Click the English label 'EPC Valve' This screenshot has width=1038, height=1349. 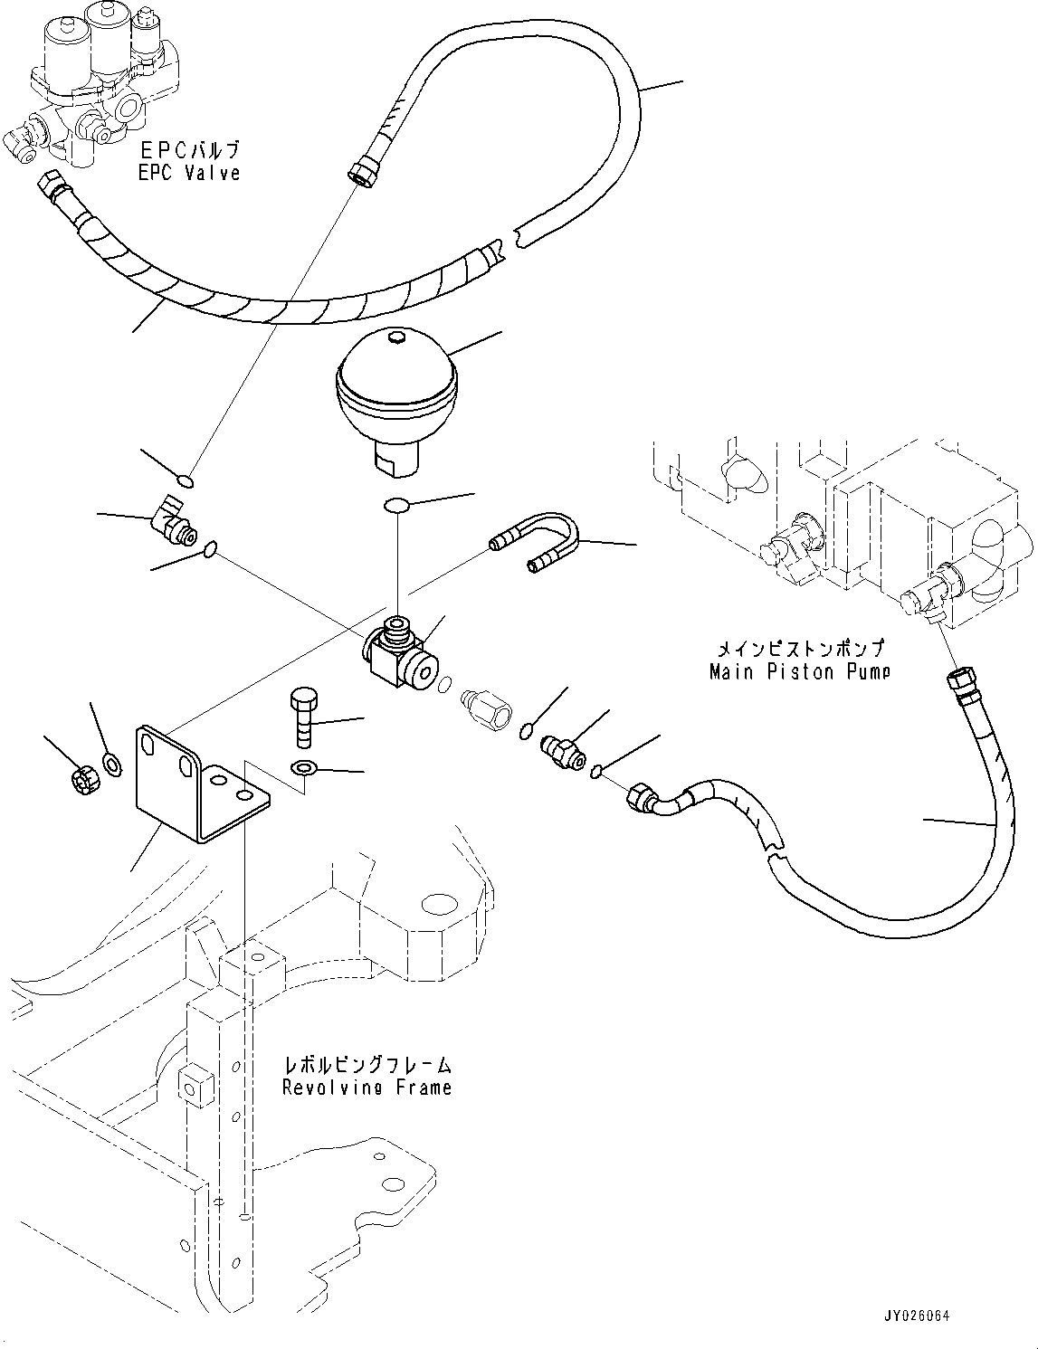tap(189, 173)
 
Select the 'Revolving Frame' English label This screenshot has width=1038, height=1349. tap(367, 1087)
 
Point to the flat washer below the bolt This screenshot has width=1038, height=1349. tap(303, 769)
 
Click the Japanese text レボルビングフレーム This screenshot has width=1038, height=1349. tap(367, 1066)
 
